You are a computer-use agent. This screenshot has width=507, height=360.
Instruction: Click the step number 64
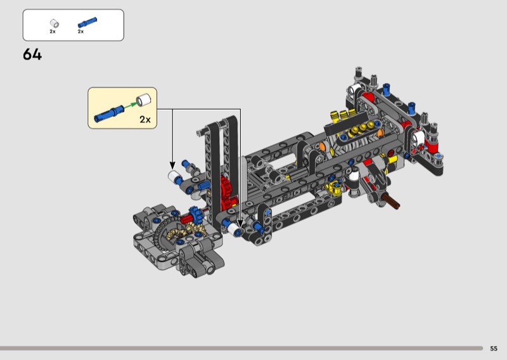coord(32,55)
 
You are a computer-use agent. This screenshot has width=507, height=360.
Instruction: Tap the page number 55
coord(494,349)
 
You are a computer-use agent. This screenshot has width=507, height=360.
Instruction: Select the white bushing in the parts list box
coord(55,23)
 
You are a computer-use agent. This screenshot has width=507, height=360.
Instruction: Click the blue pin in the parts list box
coord(87,23)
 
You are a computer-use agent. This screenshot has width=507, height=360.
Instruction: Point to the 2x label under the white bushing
coord(53,32)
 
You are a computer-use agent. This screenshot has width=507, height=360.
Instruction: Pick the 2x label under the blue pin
coord(80,32)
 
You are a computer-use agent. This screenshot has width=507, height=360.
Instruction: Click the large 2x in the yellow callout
coord(145,119)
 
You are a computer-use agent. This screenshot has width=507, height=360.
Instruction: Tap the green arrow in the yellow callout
coord(130,105)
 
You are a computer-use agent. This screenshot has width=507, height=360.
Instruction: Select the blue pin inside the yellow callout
coord(108,114)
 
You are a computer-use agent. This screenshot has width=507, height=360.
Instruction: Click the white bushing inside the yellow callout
coord(144,100)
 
